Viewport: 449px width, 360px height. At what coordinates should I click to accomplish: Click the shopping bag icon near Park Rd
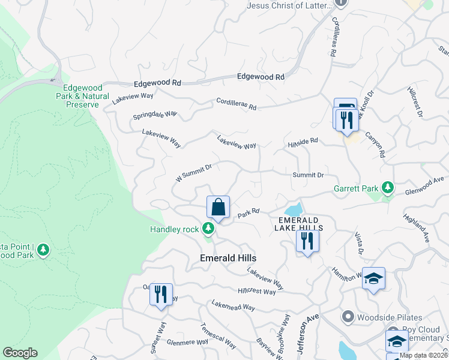point(218,208)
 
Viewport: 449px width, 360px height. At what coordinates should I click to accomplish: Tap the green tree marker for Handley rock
point(208,228)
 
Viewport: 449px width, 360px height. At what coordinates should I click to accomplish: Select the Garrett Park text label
point(357,188)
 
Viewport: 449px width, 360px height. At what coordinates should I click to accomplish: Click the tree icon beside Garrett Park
point(388,188)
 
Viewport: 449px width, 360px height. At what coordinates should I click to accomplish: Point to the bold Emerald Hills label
point(228,258)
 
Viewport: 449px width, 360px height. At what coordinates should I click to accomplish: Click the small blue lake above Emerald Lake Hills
point(294,210)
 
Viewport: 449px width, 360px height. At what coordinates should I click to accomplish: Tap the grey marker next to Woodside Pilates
point(347,316)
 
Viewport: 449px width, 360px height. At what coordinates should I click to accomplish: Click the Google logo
point(20,353)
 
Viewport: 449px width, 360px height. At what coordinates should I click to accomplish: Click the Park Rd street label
point(248,212)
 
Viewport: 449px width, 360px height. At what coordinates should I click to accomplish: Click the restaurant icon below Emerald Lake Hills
point(307,241)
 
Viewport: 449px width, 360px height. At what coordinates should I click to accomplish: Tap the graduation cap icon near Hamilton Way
point(373,278)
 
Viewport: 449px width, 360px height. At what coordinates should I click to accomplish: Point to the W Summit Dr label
point(194,174)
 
